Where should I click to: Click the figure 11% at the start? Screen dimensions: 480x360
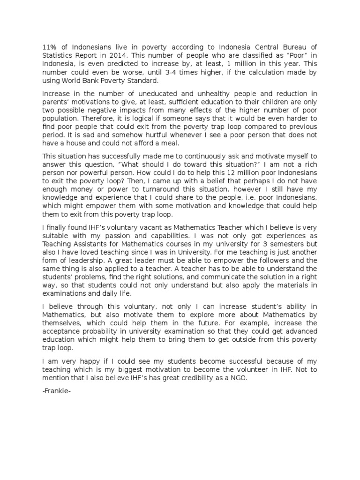(x=49, y=47)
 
